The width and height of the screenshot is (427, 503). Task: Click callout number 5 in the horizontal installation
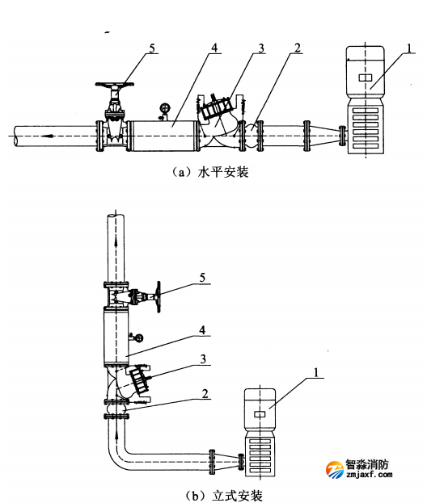point(152,48)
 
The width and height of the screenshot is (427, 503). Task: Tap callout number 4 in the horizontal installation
point(214,48)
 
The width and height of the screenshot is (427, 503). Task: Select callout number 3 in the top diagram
point(261,48)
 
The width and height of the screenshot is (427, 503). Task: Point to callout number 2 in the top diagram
point(298,48)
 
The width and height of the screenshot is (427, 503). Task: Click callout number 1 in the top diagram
point(409,48)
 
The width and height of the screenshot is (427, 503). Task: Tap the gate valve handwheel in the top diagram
point(115,85)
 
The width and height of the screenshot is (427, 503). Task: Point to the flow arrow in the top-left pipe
point(46,136)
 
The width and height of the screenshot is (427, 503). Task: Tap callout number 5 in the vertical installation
point(202,278)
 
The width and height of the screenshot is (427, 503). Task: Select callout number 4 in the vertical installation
point(202,330)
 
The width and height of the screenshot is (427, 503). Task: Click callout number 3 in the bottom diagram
point(203,359)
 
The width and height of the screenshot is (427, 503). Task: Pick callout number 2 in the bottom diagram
point(205,394)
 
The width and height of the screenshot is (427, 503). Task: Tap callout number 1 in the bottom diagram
point(316,373)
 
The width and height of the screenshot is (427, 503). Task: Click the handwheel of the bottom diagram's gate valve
point(159,297)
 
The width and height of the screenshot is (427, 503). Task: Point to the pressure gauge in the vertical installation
point(139,337)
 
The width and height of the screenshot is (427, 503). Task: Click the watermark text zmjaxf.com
point(370,475)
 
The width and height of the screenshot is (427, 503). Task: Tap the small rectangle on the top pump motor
point(365,78)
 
